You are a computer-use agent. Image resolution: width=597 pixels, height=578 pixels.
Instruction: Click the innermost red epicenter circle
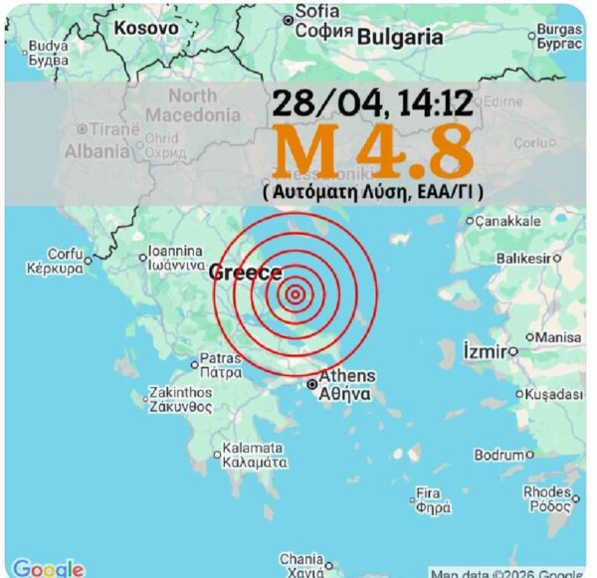(x=295, y=292)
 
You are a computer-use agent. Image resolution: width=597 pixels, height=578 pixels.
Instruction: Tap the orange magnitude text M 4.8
(x=373, y=150)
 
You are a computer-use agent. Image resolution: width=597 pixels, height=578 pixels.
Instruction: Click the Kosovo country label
(x=146, y=28)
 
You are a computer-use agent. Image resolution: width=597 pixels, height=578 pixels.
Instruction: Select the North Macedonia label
(x=191, y=105)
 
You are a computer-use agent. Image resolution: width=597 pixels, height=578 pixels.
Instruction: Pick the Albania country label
(x=97, y=152)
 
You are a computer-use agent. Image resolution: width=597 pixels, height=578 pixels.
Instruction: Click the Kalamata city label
(x=255, y=455)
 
